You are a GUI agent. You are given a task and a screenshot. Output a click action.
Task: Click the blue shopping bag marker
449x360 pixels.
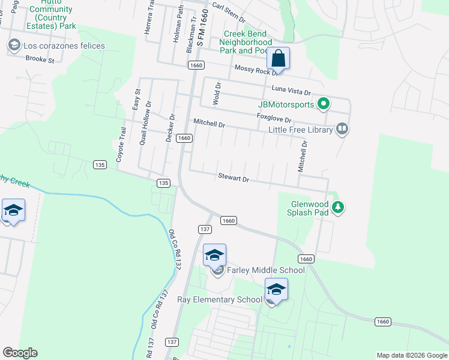pos(278,59)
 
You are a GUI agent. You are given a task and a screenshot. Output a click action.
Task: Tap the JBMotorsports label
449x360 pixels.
pos(286,104)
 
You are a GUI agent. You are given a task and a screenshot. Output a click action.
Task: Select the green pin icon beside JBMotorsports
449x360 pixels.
pos(324,104)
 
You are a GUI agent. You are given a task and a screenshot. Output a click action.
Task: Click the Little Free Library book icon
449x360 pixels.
pos(342,129)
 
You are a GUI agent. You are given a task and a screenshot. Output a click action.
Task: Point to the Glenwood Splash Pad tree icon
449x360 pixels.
pos(339,207)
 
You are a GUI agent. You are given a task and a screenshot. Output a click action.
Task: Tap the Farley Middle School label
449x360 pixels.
pos(265,270)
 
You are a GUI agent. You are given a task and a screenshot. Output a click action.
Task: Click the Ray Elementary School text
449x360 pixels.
pos(220,299)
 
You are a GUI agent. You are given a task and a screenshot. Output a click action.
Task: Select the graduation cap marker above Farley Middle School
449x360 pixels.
pos(214,256)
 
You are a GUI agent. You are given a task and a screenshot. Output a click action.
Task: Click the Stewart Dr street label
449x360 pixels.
pos(233,178)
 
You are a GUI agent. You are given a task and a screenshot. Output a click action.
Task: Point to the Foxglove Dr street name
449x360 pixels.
pos(274,119)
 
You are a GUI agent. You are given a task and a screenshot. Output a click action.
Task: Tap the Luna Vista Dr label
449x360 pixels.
pos(291,91)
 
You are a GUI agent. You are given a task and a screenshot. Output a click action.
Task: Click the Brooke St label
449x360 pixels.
pos(40,59)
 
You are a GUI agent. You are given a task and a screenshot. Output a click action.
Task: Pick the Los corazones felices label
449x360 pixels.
pos(63,46)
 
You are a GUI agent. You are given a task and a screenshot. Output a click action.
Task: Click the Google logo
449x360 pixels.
pos(20,352)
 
